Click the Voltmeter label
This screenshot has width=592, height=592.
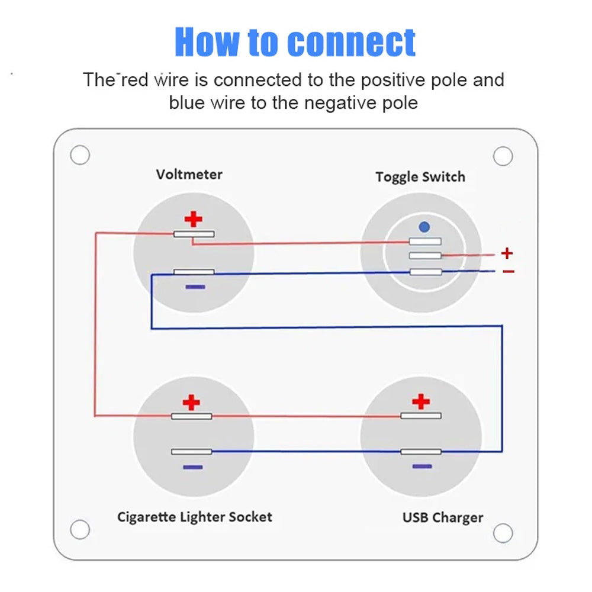[x=189, y=175]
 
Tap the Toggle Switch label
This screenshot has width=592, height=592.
[x=420, y=177]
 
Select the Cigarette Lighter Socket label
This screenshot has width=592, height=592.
[x=195, y=517]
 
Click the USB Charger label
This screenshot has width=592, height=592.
[x=443, y=517]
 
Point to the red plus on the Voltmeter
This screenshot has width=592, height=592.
[x=194, y=220]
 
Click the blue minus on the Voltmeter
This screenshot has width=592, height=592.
[x=195, y=287]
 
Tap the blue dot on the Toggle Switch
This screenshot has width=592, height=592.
[x=424, y=226]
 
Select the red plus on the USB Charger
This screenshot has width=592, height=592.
[x=421, y=401]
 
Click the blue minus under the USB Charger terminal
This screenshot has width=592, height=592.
[x=422, y=466]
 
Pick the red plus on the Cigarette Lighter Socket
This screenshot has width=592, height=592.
[x=191, y=403]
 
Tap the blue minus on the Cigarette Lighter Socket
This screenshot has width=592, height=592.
[x=192, y=467]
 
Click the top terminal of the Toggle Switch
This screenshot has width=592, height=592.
[x=425, y=241]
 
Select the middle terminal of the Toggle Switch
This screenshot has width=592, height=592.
[x=425, y=256]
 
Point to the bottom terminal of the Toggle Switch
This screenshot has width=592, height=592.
[x=425, y=272]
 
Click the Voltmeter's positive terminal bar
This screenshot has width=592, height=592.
[x=194, y=234]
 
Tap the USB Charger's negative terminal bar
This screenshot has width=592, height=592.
[x=421, y=452]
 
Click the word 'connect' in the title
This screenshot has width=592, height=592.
[x=352, y=42]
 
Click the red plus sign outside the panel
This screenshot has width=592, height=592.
[x=507, y=253]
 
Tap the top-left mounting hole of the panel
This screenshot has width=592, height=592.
[x=79, y=155]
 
